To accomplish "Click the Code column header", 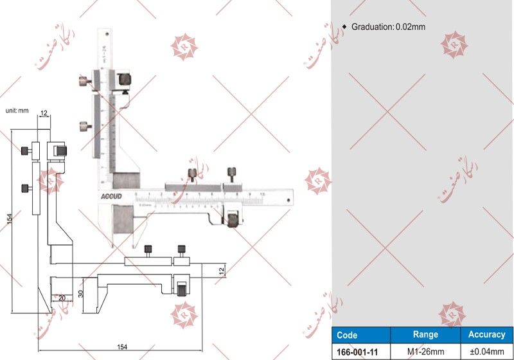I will tap(347, 335).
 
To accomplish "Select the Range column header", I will tap(425, 335).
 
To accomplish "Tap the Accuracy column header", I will tap(486, 335).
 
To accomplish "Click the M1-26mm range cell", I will tap(425, 352).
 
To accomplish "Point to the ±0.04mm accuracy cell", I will tap(486, 352).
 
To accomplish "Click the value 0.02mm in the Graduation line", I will tap(411, 27).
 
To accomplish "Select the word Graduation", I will tap(371, 27).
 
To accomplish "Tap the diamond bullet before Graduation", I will tap(344, 27).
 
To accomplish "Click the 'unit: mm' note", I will tap(17, 111).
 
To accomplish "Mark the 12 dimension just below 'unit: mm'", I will tap(44, 114).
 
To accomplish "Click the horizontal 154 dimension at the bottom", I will tap(122, 347).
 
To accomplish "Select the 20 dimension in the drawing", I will tap(62, 298).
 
